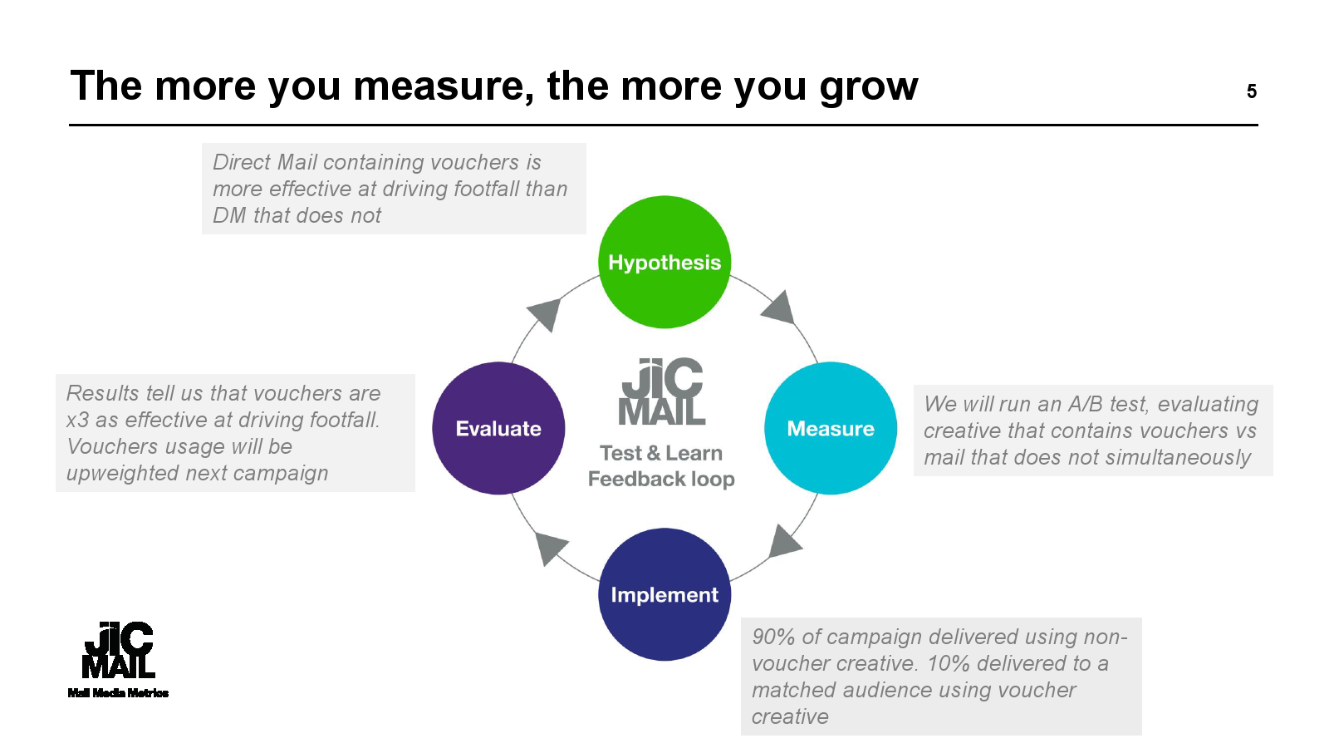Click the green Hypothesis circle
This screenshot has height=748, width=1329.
point(664,262)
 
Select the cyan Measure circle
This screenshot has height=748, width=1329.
point(831,428)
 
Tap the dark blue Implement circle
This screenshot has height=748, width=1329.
point(664,594)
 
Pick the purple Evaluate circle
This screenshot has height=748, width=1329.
point(498,428)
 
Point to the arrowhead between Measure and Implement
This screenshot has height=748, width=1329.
point(783,542)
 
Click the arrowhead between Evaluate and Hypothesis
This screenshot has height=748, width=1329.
point(546,314)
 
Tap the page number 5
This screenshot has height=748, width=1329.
point(1251,91)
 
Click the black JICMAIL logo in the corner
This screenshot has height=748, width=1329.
point(118,650)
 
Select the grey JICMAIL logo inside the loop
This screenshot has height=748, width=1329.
point(662,392)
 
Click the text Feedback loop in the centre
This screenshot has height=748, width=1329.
point(661,480)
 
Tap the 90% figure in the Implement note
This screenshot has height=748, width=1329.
point(773,637)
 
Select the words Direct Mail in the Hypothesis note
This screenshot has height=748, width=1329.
point(265,162)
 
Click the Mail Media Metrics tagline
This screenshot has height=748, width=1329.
point(118,693)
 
